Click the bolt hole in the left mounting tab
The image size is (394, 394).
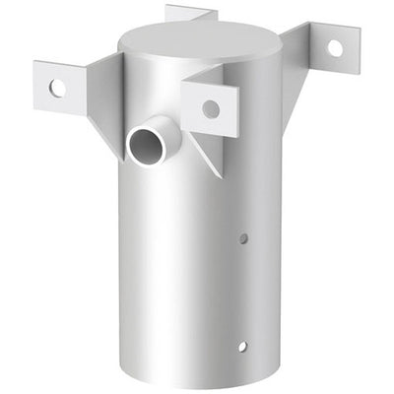point(57,88)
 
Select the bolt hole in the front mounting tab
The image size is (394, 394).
point(211,109)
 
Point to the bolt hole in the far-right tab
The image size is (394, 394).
point(335,47)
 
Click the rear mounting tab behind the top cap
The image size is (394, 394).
point(189,13)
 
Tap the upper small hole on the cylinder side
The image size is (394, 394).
point(244,237)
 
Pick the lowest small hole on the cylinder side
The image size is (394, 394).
point(241,346)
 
